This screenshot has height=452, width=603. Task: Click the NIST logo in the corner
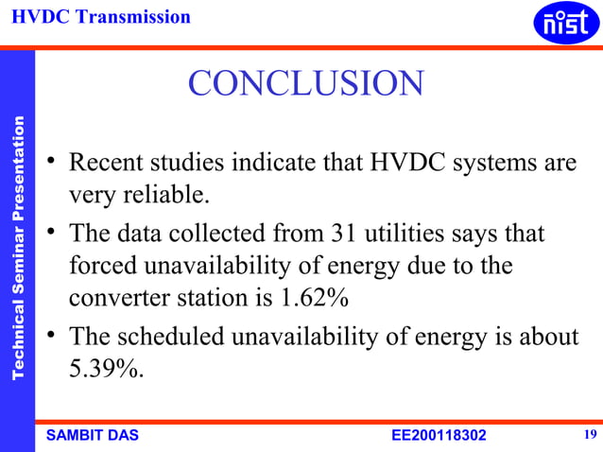tap(566, 23)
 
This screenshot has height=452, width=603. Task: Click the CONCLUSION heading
tap(305, 84)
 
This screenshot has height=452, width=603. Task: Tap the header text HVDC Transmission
tap(101, 16)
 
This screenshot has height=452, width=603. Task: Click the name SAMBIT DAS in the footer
tap(93, 435)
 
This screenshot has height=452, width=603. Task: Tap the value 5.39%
tap(106, 369)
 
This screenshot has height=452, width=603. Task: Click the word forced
tap(97, 266)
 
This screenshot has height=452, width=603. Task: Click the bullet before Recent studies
tap(55, 165)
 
